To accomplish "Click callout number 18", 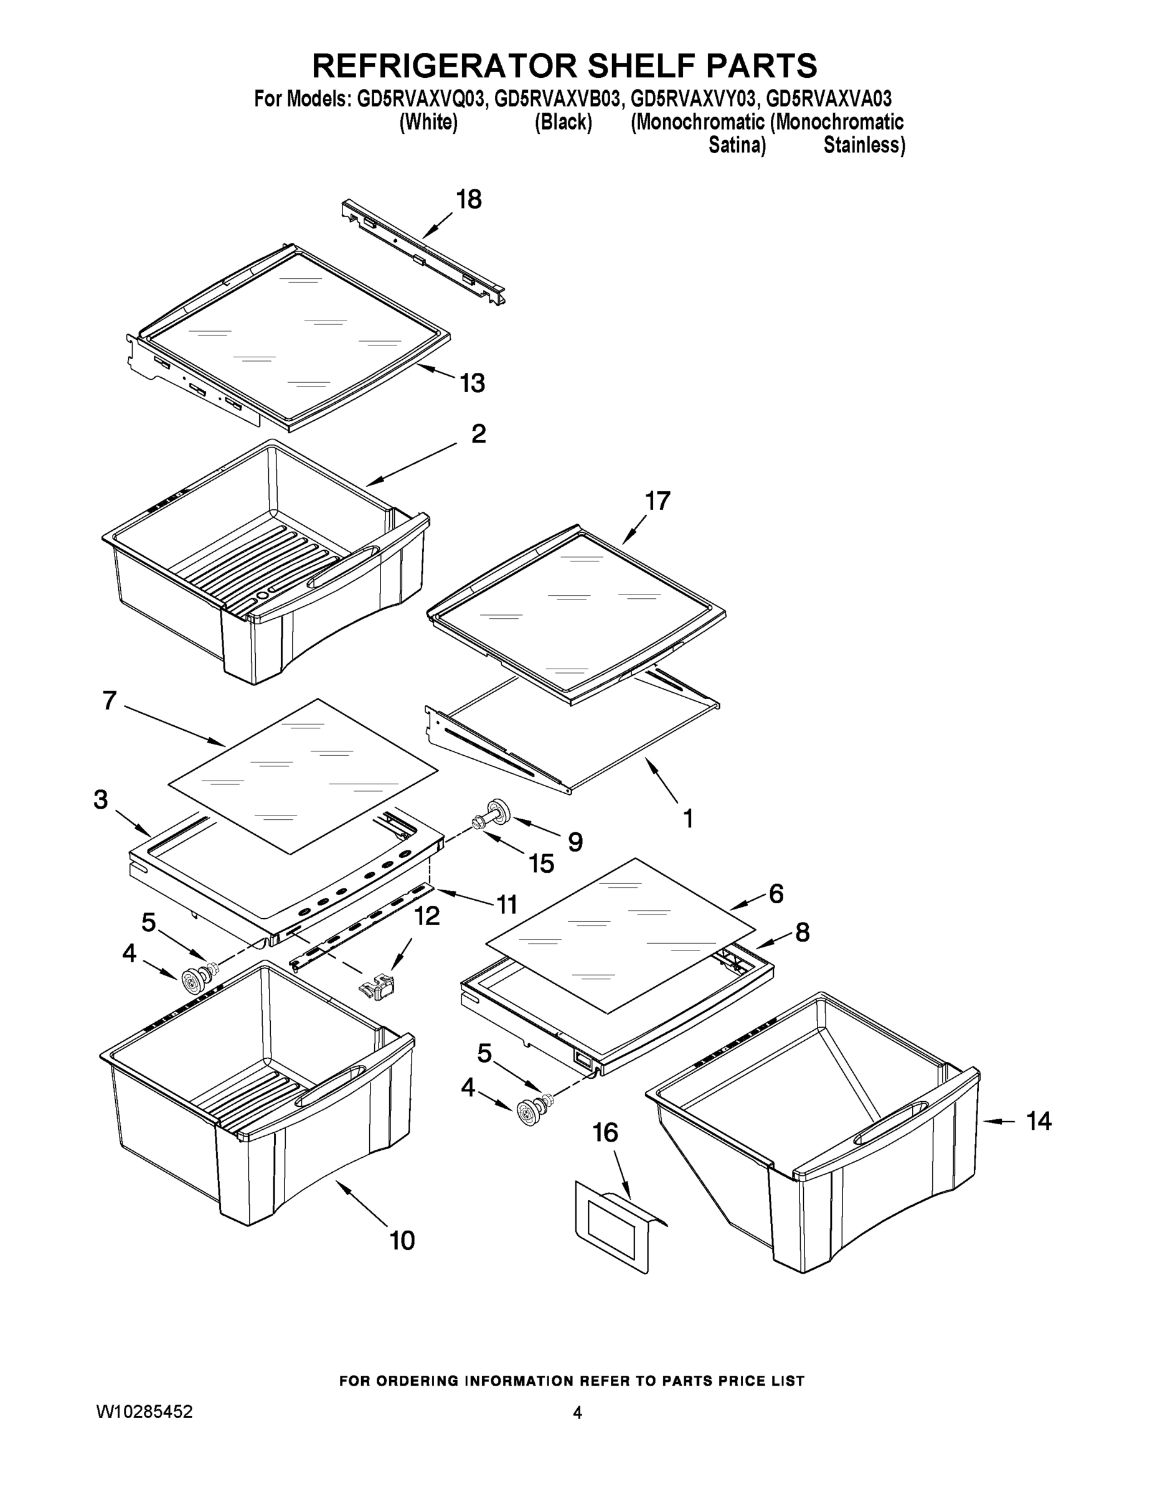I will pyautogui.click(x=469, y=200).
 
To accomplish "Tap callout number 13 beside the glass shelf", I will pyautogui.click(x=472, y=383).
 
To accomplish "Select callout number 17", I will pyautogui.click(x=658, y=501).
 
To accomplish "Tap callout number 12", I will pyautogui.click(x=427, y=916).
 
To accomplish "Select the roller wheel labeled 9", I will pyautogui.click(x=501, y=809).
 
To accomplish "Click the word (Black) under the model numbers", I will pyautogui.click(x=563, y=123).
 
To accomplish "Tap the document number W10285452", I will pyautogui.click(x=144, y=1412).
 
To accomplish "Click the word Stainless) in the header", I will pyautogui.click(x=864, y=146).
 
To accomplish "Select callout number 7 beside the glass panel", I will pyautogui.click(x=110, y=700).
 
